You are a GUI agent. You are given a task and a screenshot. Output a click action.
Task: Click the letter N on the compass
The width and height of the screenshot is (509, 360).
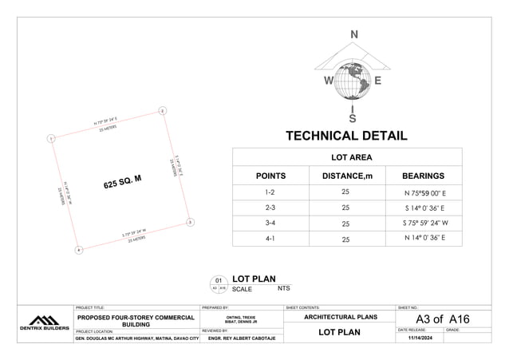click(x=354, y=34)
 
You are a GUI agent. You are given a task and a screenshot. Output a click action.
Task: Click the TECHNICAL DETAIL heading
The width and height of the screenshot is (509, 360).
click(x=346, y=136)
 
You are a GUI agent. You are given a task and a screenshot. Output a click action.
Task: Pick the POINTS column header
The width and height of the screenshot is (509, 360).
click(x=270, y=176)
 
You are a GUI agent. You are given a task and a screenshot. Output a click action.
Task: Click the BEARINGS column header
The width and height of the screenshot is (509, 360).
click(x=423, y=176)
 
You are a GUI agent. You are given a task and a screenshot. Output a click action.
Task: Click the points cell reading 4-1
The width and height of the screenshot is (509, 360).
click(x=270, y=238)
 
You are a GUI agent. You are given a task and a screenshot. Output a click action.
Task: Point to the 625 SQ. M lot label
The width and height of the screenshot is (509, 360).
click(x=122, y=181)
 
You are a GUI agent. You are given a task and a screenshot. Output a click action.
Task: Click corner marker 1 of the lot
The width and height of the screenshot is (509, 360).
click(x=50, y=139)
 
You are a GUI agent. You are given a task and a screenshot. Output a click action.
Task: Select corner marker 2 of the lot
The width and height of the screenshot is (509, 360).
click(x=162, y=110)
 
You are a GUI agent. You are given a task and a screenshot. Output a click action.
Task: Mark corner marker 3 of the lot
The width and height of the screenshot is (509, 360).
click(x=189, y=222)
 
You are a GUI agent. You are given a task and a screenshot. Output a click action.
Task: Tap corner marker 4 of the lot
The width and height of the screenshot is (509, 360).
click(x=78, y=251)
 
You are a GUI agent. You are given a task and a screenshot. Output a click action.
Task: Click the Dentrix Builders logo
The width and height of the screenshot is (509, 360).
click(x=44, y=323)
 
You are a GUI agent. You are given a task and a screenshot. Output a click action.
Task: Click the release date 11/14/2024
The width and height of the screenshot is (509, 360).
click(x=420, y=338)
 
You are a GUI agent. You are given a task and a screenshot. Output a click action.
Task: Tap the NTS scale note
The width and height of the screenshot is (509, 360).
click(x=284, y=287)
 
